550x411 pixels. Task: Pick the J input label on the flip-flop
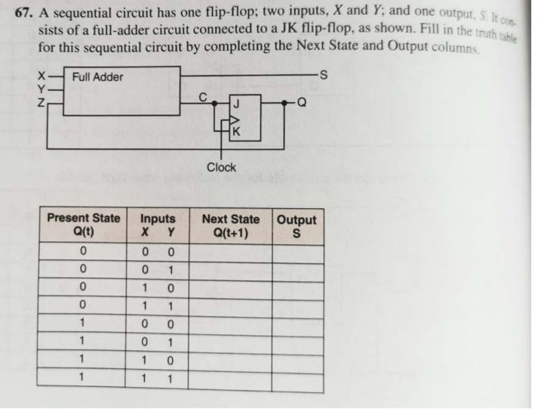(x=236, y=103)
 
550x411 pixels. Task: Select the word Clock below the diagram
(x=221, y=167)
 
